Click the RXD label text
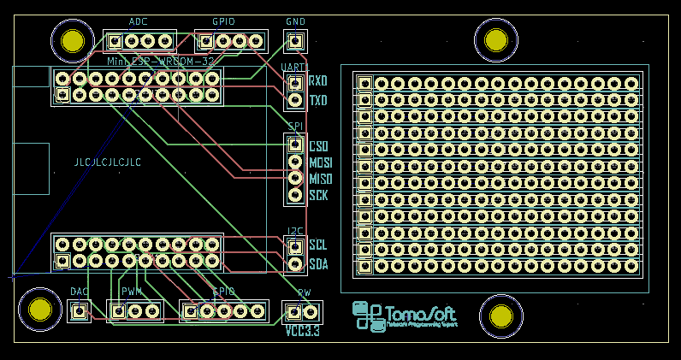pyautogui.click(x=318, y=82)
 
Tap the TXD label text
pyautogui.click(x=318, y=101)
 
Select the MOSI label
pyautogui.click(x=321, y=162)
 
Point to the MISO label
pyautogui.click(x=321, y=179)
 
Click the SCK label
pyautogui.click(x=318, y=196)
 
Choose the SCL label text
pyautogui.click(x=318, y=245)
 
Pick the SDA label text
pyautogui.click(x=318, y=264)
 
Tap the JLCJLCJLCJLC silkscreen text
pyautogui.click(x=108, y=162)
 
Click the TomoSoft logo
pyautogui.click(x=406, y=316)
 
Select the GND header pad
pyautogui.click(x=295, y=40)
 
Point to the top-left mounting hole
pyautogui.click(x=73, y=40)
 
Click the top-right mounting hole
pyautogui.click(x=496, y=40)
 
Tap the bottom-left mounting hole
pyautogui.click(x=39, y=311)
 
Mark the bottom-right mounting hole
pyautogui.click(x=500, y=316)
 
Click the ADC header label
pyautogui.click(x=138, y=21)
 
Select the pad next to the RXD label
pyautogui.click(x=295, y=83)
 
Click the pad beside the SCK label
pyautogui.click(x=295, y=195)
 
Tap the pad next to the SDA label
pyautogui.click(x=295, y=263)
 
